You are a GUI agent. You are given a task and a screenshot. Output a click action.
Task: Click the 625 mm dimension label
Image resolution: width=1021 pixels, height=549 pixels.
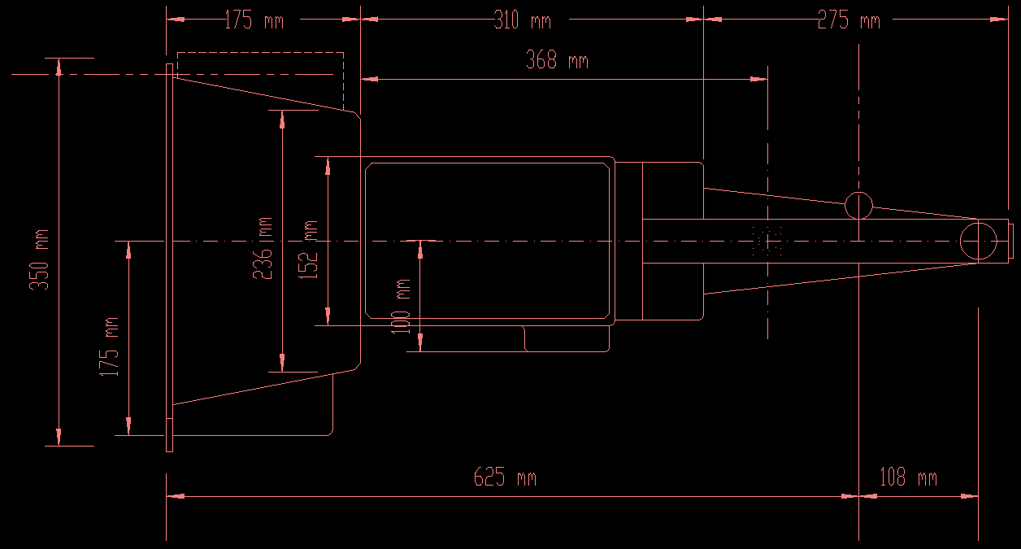(505, 477)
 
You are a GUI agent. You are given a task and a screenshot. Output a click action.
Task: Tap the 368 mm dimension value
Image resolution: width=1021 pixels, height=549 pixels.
(557, 60)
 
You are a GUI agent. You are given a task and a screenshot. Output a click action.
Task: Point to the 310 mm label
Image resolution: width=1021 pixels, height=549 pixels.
(522, 20)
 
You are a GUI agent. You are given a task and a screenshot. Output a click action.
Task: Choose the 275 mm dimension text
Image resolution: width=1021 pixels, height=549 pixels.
(849, 20)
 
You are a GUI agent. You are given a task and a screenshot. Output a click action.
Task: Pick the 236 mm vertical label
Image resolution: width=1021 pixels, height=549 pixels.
(263, 248)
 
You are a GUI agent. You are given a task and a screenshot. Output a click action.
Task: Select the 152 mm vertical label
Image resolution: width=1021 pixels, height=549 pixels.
(310, 250)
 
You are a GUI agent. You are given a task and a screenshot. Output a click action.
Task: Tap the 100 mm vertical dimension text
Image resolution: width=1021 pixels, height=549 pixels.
(401, 305)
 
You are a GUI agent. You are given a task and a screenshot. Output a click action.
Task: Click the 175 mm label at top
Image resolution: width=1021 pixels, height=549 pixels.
(254, 20)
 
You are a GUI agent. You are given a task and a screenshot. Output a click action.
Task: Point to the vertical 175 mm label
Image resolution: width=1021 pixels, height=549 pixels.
(109, 346)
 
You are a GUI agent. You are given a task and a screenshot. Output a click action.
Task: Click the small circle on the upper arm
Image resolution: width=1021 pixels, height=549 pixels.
(858, 205)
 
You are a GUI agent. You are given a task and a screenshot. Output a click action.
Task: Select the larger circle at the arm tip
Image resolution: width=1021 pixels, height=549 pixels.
(977, 242)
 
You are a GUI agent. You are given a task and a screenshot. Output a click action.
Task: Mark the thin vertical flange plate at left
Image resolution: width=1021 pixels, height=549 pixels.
(169, 257)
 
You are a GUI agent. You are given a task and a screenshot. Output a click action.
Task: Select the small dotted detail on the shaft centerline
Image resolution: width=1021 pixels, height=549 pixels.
(768, 242)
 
